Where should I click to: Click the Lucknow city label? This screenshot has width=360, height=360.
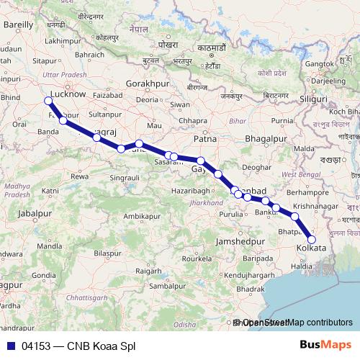coord(70,94)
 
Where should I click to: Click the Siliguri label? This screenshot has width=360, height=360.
coord(313,97)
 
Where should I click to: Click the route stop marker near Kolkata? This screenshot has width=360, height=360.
coord(312,239)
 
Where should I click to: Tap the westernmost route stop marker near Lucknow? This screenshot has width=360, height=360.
coord(48,101)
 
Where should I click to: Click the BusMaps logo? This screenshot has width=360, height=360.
coord(324,344)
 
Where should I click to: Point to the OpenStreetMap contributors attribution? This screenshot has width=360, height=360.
coord(296,323)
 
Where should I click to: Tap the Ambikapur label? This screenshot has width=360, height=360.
coord(141,215)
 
